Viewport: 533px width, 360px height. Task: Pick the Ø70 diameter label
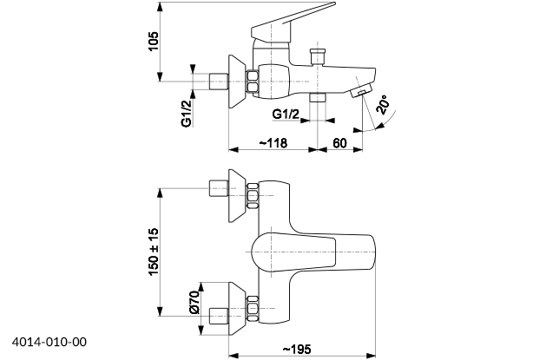pos(194,303)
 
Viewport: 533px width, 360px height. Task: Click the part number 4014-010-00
pos(50,343)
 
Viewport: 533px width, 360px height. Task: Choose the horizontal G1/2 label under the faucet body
pos(286,115)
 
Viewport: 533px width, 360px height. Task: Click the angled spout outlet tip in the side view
pos(359,93)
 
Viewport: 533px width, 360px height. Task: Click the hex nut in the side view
pos(253,80)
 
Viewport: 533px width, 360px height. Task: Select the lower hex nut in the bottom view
pos(253,309)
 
